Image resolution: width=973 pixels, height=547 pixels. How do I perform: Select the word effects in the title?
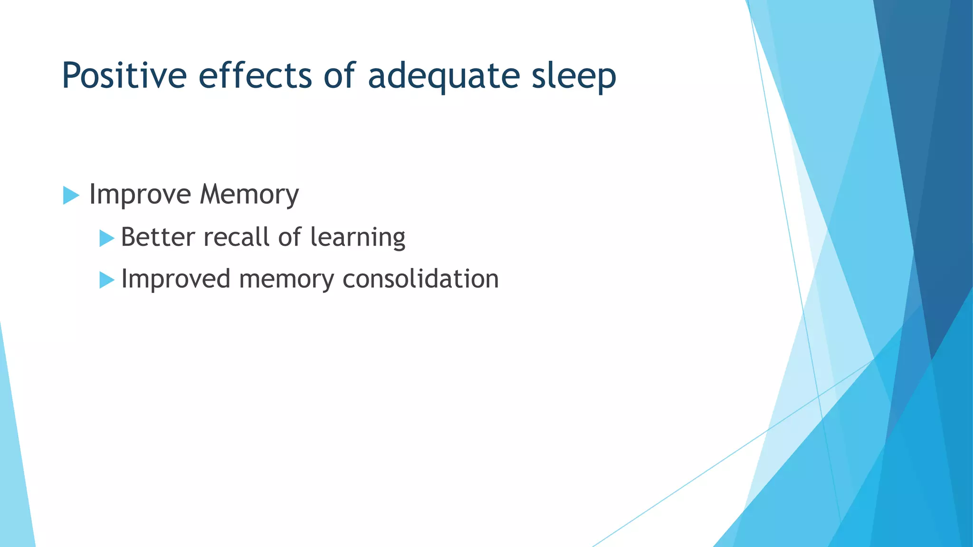[x=255, y=76]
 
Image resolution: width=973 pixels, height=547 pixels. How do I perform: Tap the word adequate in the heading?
[x=444, y=76]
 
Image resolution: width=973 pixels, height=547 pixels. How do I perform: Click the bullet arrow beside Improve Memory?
[x=70, y=195]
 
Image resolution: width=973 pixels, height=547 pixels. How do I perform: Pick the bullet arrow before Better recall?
[x=106, y=238]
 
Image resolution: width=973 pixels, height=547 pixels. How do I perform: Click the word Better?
[x=158, y=237]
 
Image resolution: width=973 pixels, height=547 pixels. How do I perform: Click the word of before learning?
[x=289, y=237]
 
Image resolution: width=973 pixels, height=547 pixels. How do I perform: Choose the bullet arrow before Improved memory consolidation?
[x=106, y=280]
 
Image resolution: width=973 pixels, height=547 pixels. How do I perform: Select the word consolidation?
[x=420, y=279]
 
